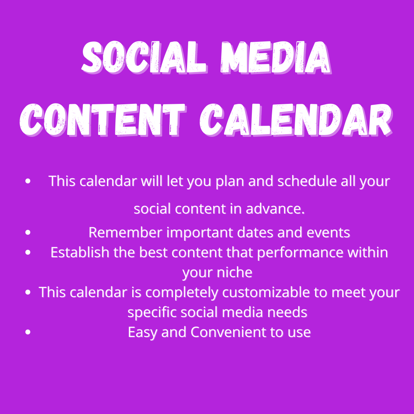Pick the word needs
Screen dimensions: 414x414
pyautogui.click(x=287, y=312)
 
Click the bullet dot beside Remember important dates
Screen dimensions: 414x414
pyautogui.click(x=28, y=232)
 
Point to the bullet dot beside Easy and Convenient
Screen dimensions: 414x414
pyautogui.click(x=28, y=332)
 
